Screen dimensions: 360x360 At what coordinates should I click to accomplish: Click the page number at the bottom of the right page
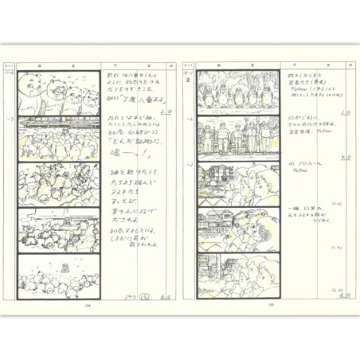point(271,303)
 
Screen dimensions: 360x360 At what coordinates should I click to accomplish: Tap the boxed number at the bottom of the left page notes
point(144,295)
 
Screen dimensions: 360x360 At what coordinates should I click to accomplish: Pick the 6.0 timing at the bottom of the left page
point(166,295)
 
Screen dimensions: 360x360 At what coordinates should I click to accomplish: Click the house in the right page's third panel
point(217,177)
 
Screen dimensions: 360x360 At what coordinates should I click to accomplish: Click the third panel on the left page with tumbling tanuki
point(59,184)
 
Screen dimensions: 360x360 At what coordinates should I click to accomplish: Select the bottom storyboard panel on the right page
point(239,275)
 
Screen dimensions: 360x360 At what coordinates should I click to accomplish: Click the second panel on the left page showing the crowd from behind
point(59,139)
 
